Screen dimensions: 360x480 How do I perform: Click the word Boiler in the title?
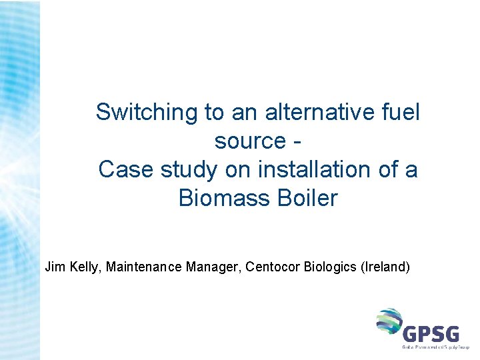tap(309, 199)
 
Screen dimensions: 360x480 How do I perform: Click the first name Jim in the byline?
tap(53, 267)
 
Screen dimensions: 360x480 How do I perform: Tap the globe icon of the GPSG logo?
tap(389, 321)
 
